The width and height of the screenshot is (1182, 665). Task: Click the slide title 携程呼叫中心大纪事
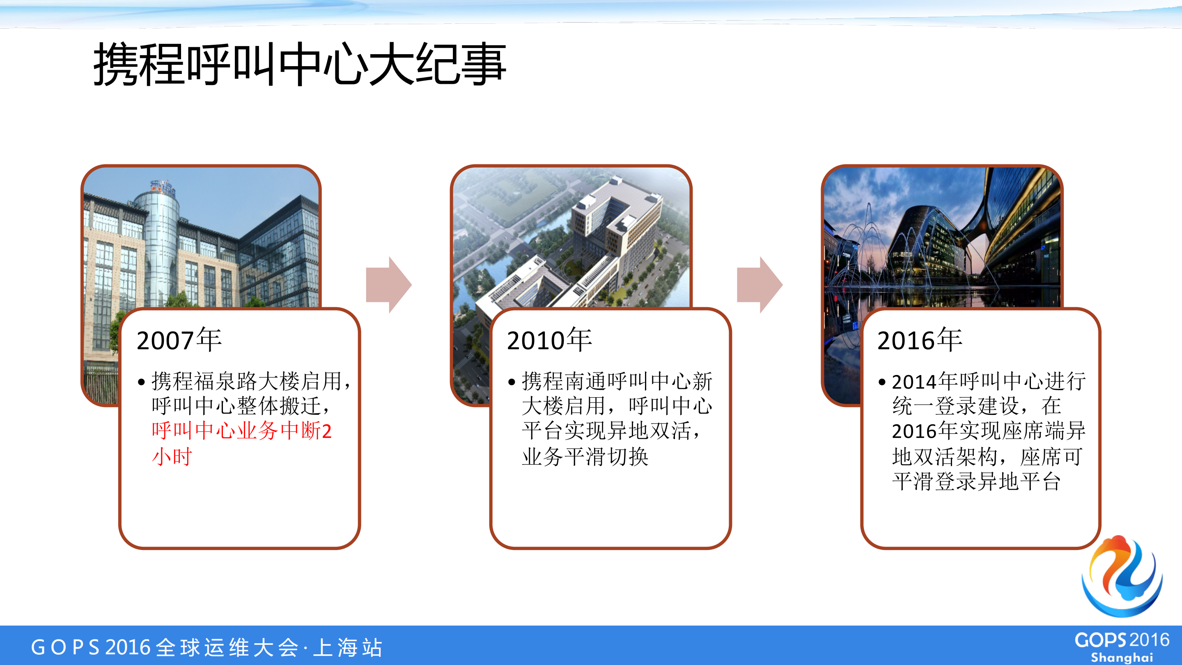(299, 64)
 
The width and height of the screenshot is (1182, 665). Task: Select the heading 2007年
(179, 340)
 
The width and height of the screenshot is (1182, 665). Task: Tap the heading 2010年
(549, 340)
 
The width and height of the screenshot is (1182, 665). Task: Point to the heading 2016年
(920, 340)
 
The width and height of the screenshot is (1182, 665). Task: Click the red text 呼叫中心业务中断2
(241, 431)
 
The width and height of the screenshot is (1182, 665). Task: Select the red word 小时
(172, 457)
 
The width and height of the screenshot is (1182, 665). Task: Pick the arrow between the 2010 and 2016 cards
(760, 285)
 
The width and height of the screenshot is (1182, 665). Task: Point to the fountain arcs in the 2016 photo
(863, 248)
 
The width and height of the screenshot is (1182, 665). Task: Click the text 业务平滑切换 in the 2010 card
(585, 457)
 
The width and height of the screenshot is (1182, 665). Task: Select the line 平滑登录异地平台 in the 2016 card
(976, 481)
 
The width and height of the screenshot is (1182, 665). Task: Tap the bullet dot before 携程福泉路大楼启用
(141, 382)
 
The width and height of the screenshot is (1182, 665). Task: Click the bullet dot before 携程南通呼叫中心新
(512, 382)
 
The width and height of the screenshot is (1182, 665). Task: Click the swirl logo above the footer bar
(1122, 576)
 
